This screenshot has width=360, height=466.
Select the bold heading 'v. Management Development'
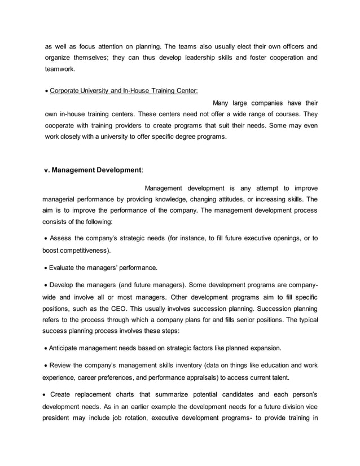coord(93,170)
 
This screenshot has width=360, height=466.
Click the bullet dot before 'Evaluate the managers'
coord(47,267)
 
